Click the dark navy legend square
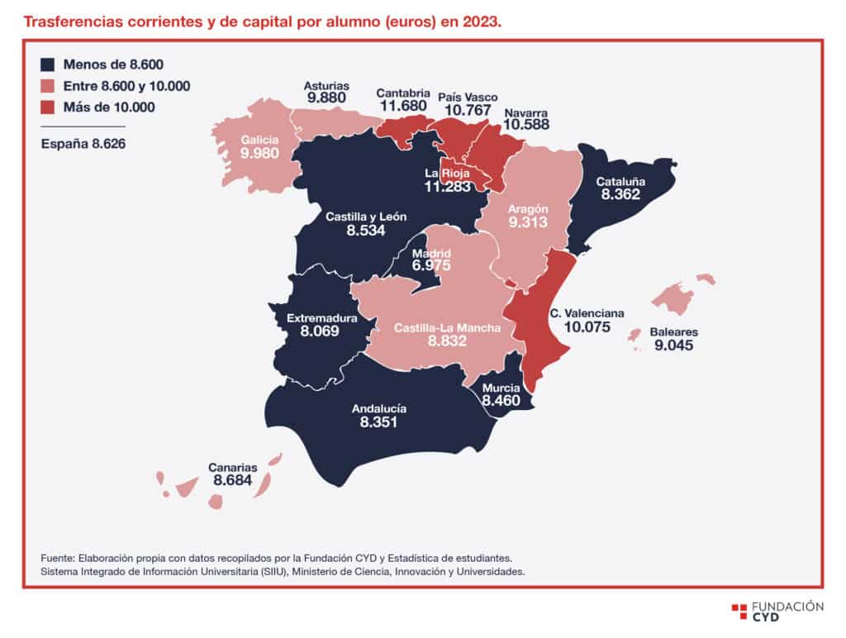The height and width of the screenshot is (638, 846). (47, 64)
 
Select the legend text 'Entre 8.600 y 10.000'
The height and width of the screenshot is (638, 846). (126, 87)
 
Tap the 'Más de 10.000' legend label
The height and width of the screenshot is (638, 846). (109, 107)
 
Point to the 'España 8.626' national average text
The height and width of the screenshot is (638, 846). (83, 144)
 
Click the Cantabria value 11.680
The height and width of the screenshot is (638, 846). (403, 106)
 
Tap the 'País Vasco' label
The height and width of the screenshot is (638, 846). (468, 98)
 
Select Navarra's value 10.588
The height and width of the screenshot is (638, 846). (526, 125)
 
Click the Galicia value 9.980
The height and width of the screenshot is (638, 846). (259, 153)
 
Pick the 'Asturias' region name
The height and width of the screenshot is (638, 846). (326, 86)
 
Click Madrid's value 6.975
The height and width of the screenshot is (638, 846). (431, 265)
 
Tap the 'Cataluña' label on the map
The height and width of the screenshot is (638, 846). (620, 182)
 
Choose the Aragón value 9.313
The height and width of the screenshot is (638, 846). (528, 222)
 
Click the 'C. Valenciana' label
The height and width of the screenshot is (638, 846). (587, 313)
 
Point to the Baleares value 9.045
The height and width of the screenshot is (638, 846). (674, 345)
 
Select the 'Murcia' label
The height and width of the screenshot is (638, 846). (501, 388)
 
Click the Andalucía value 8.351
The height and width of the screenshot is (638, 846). (378, 422)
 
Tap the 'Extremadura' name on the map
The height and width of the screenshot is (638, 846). (321, 318)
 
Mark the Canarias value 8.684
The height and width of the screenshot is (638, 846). (232, 480)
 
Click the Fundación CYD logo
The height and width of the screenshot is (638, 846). (777, 612)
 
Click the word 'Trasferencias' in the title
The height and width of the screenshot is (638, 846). (73, 22)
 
